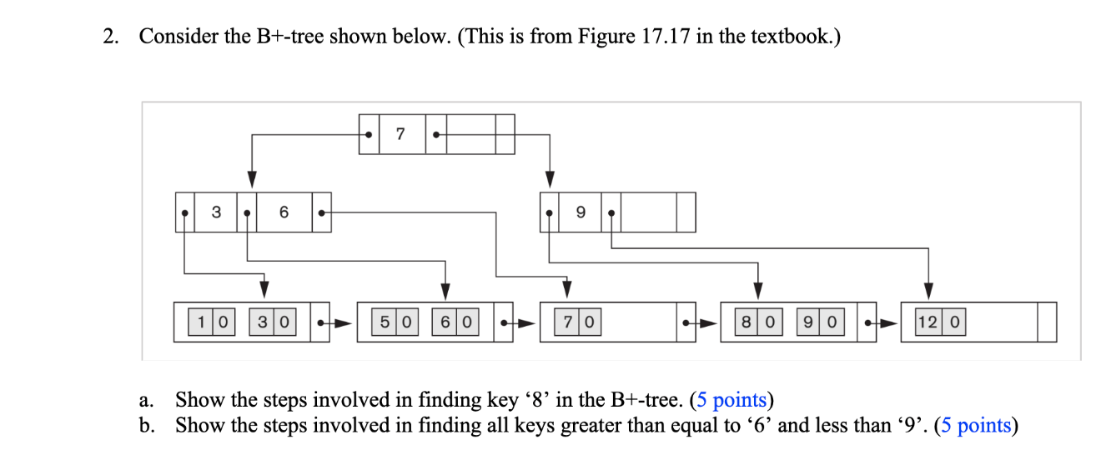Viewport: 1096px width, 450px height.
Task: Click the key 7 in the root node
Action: (401, 134)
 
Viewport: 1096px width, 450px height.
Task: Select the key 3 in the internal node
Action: (216, 212)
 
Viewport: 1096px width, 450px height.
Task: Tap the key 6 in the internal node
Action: (284, 212)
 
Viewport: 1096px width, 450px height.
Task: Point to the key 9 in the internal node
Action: (580, 212)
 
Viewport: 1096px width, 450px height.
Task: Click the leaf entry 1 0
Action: (213, 322)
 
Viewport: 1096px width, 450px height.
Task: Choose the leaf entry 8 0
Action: (758, 322)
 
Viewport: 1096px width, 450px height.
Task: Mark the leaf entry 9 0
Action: (821, 322)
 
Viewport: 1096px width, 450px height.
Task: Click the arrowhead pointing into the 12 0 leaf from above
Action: (928, 291)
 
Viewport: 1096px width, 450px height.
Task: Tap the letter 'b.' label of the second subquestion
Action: (148, 426)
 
